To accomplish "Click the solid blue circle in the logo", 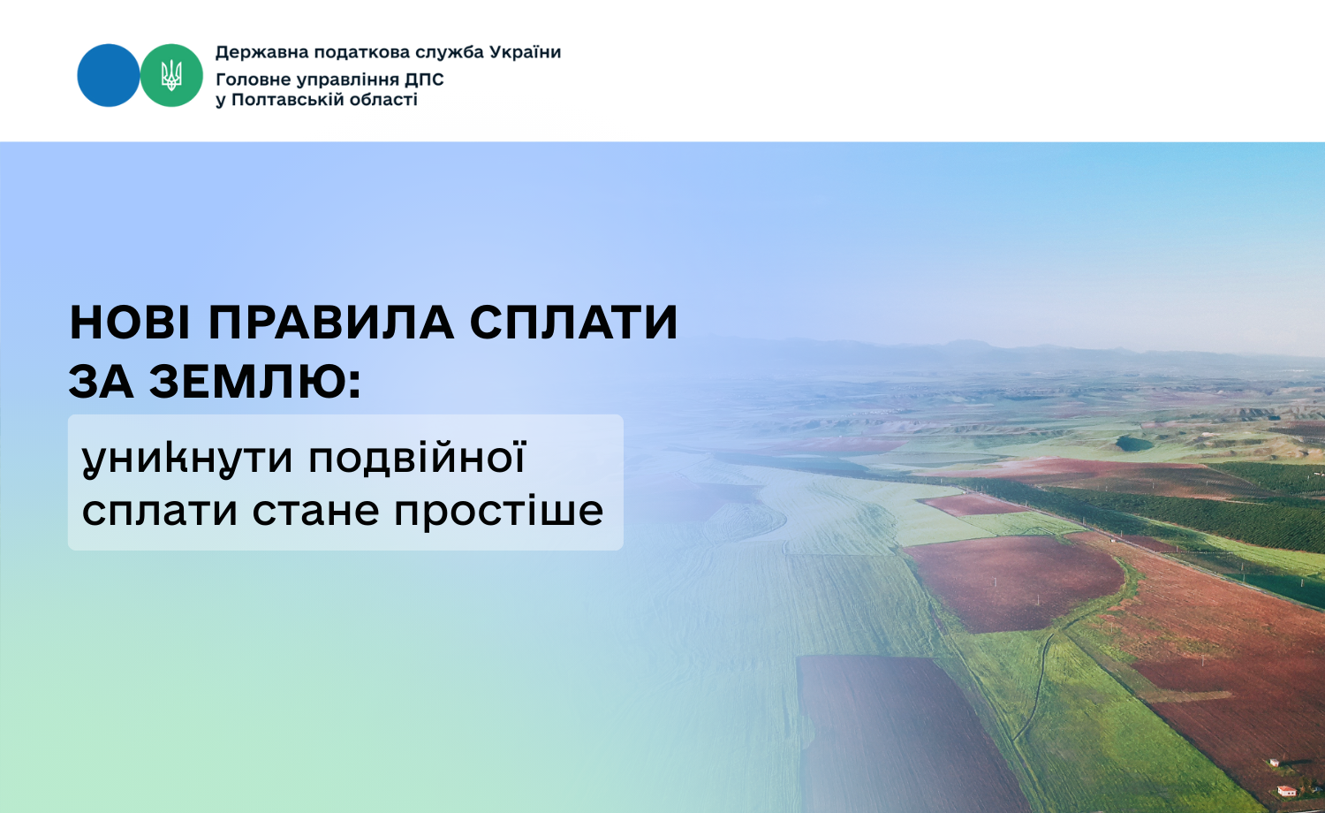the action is (x=109, y=75).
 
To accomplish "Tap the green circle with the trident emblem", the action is (x=171, y=75).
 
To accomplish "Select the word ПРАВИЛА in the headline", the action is (x=331, y=323).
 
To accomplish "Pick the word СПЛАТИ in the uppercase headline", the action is (x=574, y=323).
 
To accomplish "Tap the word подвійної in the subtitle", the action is (x=418, y=458).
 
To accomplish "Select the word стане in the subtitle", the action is (x=316, y=512).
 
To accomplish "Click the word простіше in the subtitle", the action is (x=499, y=510).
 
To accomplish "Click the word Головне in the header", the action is (x=254, y=80).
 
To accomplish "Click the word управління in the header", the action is (x=347, y=80).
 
